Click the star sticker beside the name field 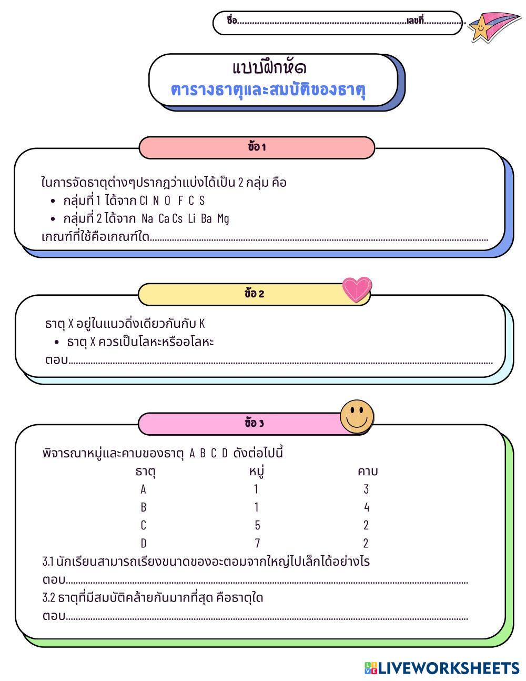tap(481, 27)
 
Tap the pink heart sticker tap(356, 289)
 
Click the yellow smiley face tap(357, 416)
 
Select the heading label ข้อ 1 tap(257, 147)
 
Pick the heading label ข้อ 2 tap(255, 294)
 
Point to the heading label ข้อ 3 tap(255, 423)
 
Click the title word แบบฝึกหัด tap(269, 68)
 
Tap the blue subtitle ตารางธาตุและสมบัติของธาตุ tap(268, 89)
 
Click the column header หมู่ tap(256, 471)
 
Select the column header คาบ tap(367, 471)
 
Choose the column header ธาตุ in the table tap(145, 472)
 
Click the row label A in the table tap(143, 489)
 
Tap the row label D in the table tap(144, 543)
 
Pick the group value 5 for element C tap(257, 525)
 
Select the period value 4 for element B tap(367, 507)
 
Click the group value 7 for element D tap(257, 543)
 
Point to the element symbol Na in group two tap(147, 218)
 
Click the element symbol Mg tap(223, 219)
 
